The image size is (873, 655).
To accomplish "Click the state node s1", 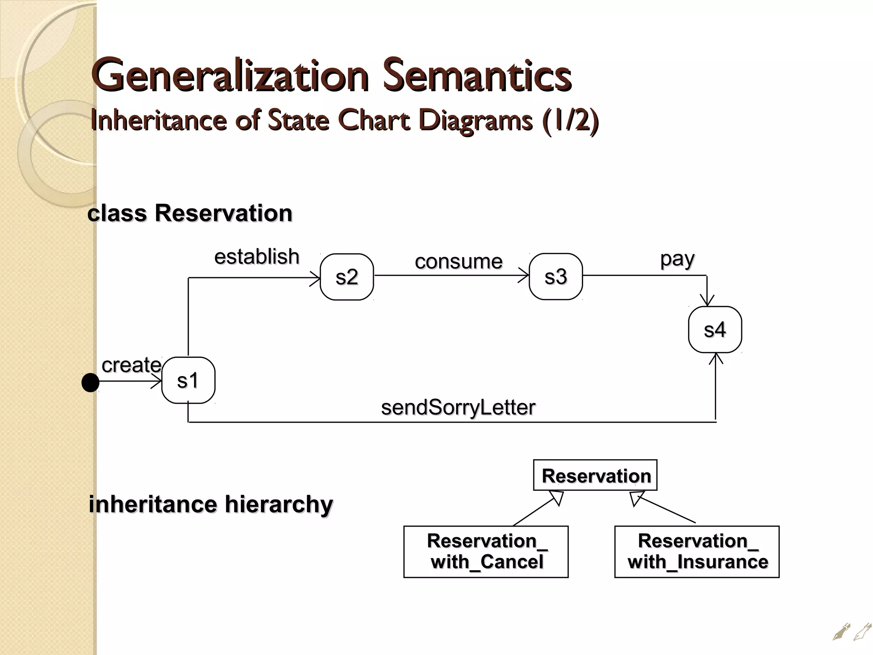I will [188, 380].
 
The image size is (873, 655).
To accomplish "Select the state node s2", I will [347, 277].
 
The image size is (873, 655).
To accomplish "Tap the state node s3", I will [555, 277].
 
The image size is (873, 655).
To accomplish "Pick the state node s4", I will [715, 330].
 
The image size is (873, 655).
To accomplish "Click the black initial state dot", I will [90, 383].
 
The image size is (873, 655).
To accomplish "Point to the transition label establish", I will [257, 257].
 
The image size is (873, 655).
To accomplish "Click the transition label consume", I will [458, 261].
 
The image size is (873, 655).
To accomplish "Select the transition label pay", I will [677, 259].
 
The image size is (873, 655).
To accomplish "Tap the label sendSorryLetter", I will [458, 408].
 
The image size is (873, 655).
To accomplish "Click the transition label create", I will [131, 365].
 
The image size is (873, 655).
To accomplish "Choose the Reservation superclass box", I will [595, 475].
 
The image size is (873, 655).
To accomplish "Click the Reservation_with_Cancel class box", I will [486, 552].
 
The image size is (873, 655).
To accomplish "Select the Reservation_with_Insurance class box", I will [697, 552].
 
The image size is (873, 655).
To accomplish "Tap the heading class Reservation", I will [190, 213].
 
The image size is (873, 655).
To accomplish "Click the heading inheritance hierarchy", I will [211, 504].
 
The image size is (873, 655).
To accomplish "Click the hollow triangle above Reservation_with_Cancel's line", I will [557, 498].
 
